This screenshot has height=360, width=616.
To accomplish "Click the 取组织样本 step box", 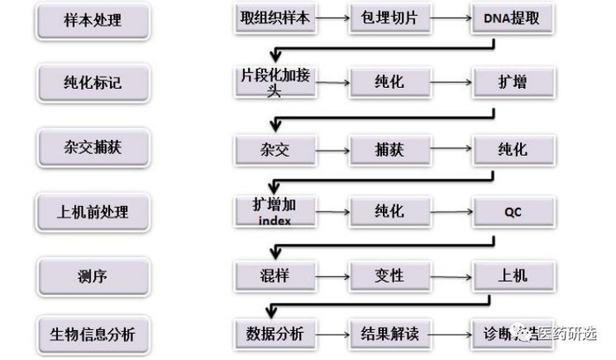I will point(275,18).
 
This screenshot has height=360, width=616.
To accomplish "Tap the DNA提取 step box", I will point(513,18).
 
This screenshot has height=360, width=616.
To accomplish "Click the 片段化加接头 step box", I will point(275,83).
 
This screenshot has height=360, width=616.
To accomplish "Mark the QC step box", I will point(513,211).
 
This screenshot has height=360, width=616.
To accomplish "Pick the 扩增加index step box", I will point(275,211).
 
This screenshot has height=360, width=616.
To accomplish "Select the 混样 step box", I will point(275,276).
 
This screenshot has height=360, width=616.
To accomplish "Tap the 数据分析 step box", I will point(275,334).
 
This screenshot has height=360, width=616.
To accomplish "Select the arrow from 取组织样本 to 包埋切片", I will point(332,18).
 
